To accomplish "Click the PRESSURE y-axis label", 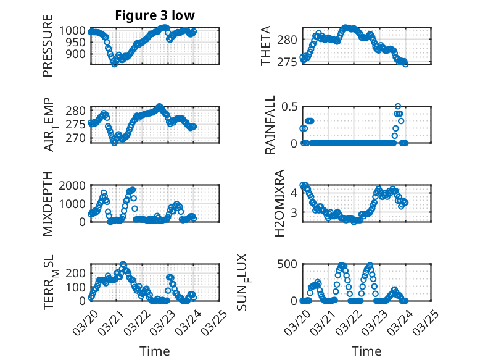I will tap(48, 46).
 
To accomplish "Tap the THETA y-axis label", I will tap(265, 46).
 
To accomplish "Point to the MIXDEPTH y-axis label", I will tap(48, 204).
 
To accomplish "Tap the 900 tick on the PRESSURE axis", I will tap(78, 54).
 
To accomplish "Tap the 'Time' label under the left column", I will tap(155, 351).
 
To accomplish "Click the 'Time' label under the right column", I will tap(366, 351).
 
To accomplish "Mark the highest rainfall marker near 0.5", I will tap(398, 107).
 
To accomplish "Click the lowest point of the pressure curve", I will tap(114, 64).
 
